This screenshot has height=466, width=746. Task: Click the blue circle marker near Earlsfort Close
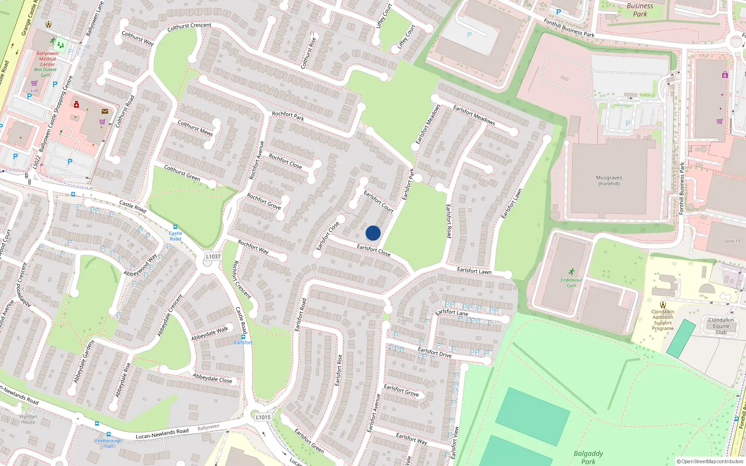tap(373, 233)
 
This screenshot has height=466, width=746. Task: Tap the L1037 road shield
tap(213, 257)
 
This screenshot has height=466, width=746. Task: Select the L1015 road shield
tap(263, 418)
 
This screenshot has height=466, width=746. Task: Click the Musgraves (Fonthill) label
tap(609, 181)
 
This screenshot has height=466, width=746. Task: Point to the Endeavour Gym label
tap(571, 282)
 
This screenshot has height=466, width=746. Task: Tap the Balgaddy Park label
tap(588, 457)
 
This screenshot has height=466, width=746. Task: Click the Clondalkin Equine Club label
tap(721, 326)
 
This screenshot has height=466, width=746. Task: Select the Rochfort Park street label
tap(288, 116)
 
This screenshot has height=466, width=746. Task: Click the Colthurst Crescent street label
tap(189, 27)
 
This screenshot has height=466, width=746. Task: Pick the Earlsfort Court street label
tap(379, 201)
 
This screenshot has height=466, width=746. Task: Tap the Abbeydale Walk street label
tap(210, 333)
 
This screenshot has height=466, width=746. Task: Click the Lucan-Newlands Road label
tap(162, 434)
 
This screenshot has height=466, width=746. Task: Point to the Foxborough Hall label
tap(108, 443)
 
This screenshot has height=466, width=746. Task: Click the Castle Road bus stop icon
tap(175, 227)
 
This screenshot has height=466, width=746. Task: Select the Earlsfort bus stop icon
tap(243, 336)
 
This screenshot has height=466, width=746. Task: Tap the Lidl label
tap(35, 90)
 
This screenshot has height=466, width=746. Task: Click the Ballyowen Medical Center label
tap(48, 59)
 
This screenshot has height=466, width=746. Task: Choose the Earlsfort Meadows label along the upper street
tap(474, 115)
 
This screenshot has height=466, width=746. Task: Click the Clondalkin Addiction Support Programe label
tap(663, 320)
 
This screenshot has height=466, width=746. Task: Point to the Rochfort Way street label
tap(253, 247)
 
